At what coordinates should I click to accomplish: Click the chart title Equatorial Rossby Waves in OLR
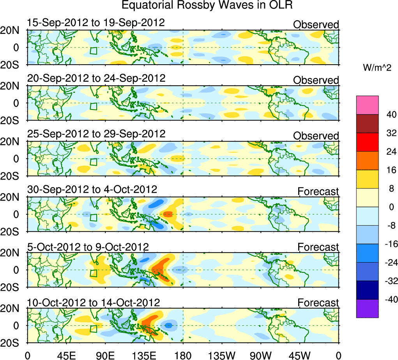coord(207,5)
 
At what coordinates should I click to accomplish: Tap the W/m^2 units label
coord(377,68)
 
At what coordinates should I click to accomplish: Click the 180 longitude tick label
coord(183,355)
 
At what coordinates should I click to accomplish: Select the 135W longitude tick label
coord(222,355)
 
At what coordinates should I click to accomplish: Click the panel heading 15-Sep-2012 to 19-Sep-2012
coord(96,23)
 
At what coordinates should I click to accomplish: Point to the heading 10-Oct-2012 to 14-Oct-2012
coord(94,302)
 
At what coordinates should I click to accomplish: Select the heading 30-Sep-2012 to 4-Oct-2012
coord(92,190)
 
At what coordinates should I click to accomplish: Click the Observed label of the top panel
coord(316,25)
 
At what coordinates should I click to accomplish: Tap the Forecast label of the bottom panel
coord(318,303)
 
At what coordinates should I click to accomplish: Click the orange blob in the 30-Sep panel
coord(168,214)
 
